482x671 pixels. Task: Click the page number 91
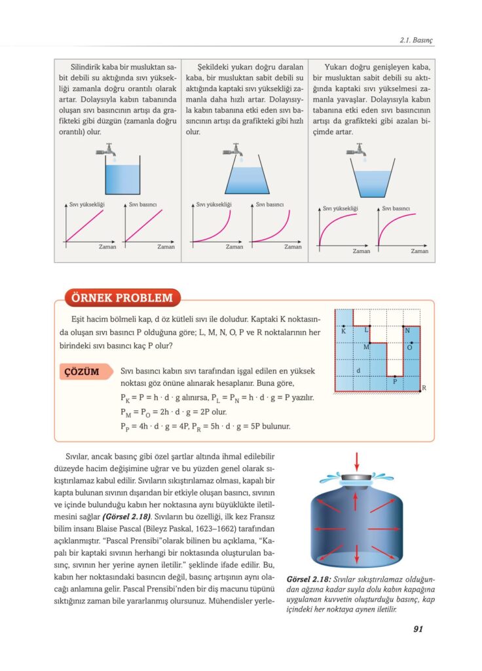(x=418, y=630)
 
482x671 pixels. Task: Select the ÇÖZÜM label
(x=82, y=372)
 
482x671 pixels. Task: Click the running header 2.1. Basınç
(x=416, y=40)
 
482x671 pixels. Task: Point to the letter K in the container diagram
(x=343, y=332)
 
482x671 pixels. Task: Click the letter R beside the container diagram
(x=424, y=388)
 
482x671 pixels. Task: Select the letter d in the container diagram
(x=358, y=370)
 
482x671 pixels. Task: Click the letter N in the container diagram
(x=407, y=330)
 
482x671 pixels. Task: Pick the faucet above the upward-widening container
(x=358, y=150)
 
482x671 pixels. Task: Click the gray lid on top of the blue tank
(x=356, y=477)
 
